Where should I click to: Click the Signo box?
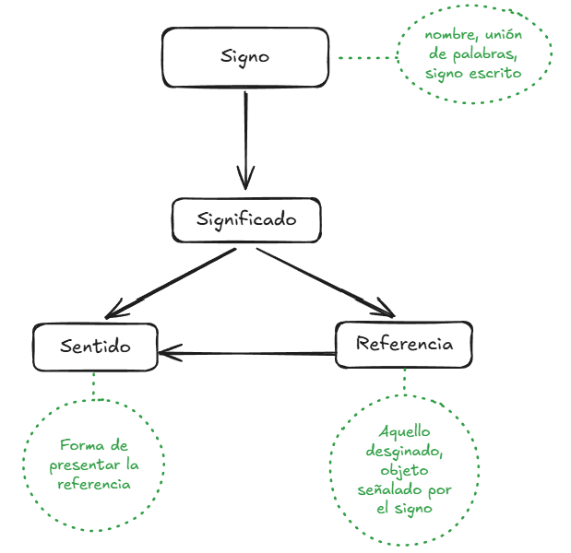(245, 56)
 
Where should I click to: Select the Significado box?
(246, 219)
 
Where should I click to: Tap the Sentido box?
(95, 347)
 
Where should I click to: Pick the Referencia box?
(404, 345)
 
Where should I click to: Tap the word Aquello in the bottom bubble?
(404, 431)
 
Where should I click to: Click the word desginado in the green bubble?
(404, 451)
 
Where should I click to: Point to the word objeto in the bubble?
(404, 470)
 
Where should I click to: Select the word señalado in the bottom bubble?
(388, 489)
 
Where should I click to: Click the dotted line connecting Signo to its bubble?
(365, 57)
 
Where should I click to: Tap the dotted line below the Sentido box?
(93, 384)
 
